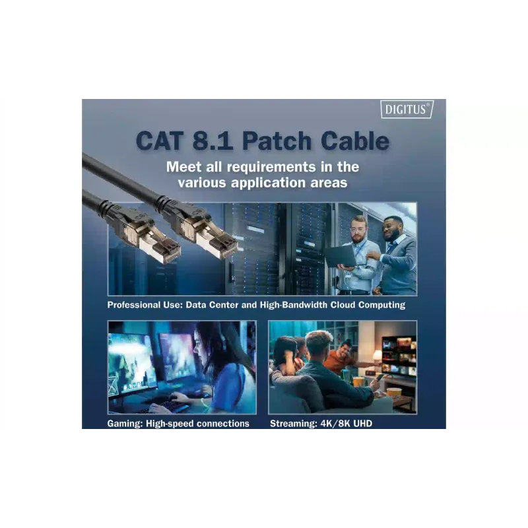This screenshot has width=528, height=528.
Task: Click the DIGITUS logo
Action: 407,110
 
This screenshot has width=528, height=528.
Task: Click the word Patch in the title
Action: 277,141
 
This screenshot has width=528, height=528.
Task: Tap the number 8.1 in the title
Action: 213,141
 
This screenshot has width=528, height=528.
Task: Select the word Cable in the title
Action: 355,141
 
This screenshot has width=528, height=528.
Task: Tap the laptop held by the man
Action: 340,255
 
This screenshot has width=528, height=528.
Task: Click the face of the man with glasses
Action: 358,230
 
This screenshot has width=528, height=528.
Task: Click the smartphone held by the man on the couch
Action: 379,378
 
